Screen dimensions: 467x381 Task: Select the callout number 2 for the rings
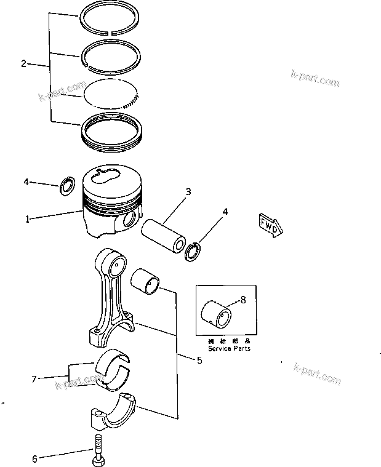tap(23, 63)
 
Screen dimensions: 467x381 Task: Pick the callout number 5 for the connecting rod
tap(199, 361)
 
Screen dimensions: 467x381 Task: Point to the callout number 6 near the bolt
tap(34, 458)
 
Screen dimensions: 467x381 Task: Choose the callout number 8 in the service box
tap(243, 301)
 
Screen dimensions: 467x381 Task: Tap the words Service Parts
tap(228, 348)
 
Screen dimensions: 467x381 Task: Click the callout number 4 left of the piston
tap(26, 182)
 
